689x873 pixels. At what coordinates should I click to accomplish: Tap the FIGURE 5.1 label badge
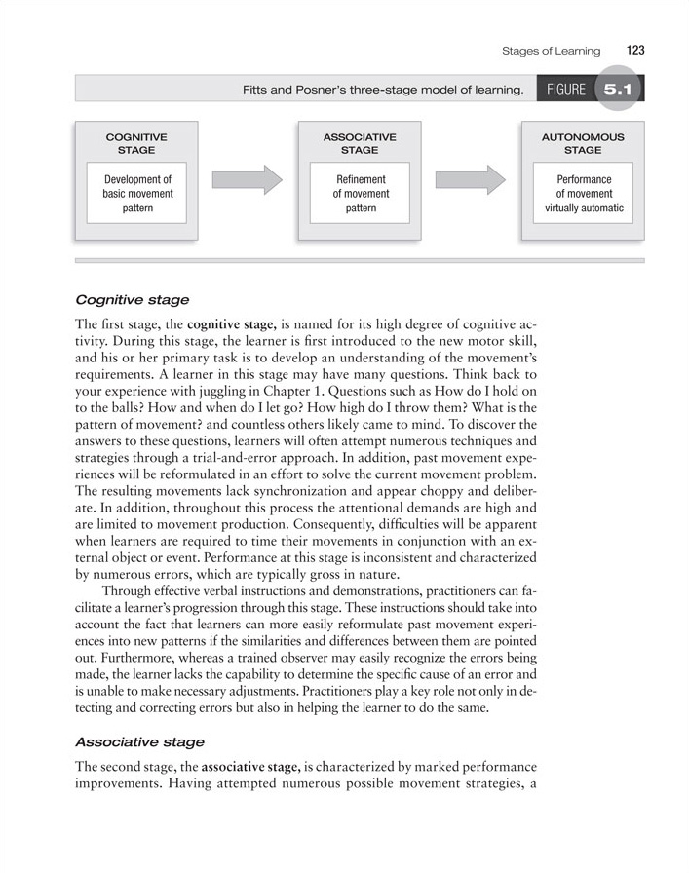pyautogui.click(x=590, y=90)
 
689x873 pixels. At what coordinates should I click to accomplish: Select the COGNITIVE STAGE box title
pyautogui.click(x=136, y=144)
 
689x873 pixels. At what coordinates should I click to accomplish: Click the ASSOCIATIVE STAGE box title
pyautogui.click(x=360, y=144)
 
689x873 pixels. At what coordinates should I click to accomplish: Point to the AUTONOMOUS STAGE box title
pyautogui.click(x=583, y=144)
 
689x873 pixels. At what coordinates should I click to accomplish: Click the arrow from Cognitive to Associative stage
pyautogui.click(x=247, y=179)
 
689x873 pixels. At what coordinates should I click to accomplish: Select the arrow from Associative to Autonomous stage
pyautogui.click(x=470, y=179)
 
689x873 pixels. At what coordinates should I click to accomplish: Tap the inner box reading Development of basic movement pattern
pyautogui.click(x=136, y=194)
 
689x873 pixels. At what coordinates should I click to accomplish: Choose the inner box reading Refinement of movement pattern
pyautogui.click(x=360, y=194)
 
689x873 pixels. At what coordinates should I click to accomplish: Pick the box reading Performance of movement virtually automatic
pyautogui.click(x=583, y=194)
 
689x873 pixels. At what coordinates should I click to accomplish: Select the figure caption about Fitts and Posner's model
pyautogui.click(x=383, y=91)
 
